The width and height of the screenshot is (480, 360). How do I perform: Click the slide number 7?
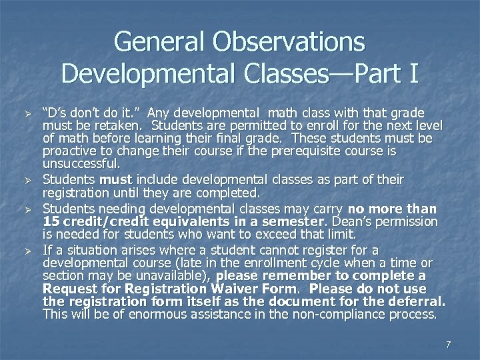pos(448,345)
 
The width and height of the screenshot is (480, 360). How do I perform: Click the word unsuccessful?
pos(81,163)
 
